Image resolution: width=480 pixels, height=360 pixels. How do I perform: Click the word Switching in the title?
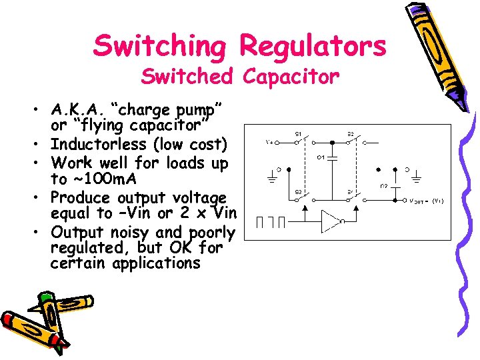161,46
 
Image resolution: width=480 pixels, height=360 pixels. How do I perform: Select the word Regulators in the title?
313,46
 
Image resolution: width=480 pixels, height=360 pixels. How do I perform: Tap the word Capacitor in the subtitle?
291,77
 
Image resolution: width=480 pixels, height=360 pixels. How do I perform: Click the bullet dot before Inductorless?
41,145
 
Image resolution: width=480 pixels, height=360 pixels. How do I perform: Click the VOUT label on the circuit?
421,200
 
